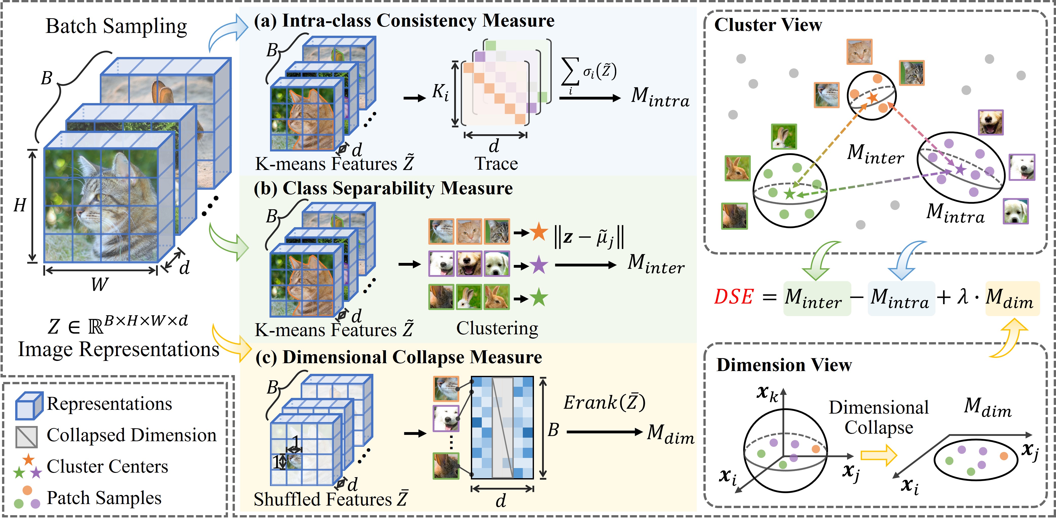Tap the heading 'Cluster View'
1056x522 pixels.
tap(768, 25)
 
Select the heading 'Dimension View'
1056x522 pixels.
tap(784, 365)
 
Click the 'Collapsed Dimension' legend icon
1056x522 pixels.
tap(27, 437)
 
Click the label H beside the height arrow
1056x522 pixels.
tap(20, 205)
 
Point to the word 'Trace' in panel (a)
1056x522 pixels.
tap(496, 164)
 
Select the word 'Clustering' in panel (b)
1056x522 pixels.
tap(497, 328)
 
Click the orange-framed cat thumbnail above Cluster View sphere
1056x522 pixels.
tap(859, 52)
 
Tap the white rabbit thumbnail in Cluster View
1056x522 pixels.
tap(784, 137)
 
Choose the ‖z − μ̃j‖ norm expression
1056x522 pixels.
tap(589, 237)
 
